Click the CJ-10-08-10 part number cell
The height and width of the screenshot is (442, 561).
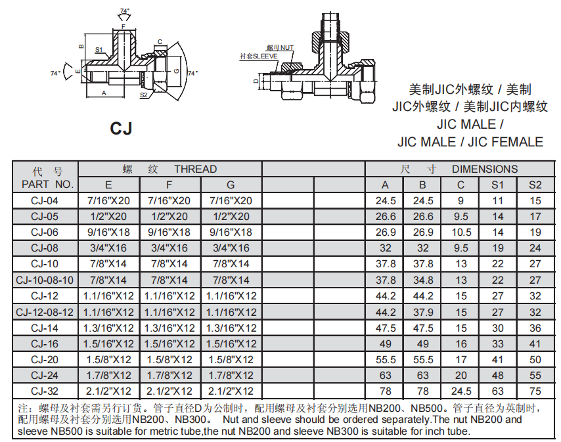click(x=45, y=280)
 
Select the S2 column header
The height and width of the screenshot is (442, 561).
click(x=535, y=185)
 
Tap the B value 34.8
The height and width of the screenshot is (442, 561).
click(x=423, y=280)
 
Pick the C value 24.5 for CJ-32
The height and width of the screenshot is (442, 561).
click(x=461, y=391)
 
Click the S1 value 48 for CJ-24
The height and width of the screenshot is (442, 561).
click(x=498, y=375)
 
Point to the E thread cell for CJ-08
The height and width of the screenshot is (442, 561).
click(x=108, y=248)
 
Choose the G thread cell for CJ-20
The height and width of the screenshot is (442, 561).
click(x=231, y=359)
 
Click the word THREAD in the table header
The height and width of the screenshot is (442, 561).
click(x=195, y=169)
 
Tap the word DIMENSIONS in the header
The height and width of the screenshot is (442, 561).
click(x=485, y=169)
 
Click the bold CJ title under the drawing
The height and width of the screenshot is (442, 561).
click(x=121, y=128)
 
